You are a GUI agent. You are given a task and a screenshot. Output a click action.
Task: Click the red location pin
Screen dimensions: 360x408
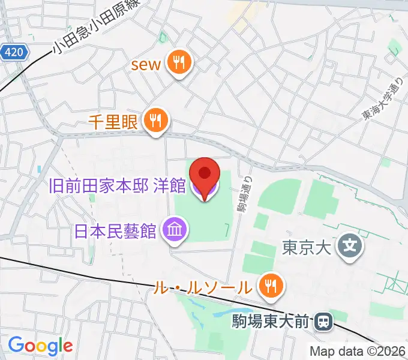pyautogui.click(x=205, y=174)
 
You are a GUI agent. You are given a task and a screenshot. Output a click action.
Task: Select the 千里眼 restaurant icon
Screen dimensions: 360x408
pyautogui.click(x=157, y=121)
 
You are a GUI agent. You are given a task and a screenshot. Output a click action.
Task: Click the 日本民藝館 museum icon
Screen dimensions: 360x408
pyautogui.click(x=175, y=229)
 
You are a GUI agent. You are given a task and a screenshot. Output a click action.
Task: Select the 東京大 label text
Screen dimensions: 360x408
pyautogui.click(x=307, y=247)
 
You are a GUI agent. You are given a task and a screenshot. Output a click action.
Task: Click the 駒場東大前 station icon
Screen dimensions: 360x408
pyautogui.click(x=323, y=322)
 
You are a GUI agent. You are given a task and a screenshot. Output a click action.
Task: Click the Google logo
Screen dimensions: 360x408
pyautogui.click(x=40, y=346)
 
